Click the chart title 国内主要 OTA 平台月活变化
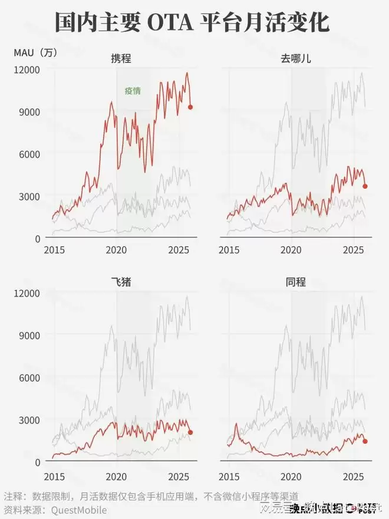[x=192, y=24]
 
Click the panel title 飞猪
[x=121, y=281]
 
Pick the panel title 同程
[x=295, y=281]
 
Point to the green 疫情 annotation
[x=133, y=91]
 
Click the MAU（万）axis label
[x=35, y=52]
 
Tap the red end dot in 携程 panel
[x=190, y=107]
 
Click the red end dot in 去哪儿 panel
[x=365, y=186]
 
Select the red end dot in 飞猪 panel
[x=190, y=432]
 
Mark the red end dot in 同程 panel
[x=365, y=441]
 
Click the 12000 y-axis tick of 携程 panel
[x=27, y=70]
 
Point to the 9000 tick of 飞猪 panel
[x=29, y=335]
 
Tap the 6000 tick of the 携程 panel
[x=29, y=154]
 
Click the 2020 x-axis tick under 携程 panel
[x=117, y=250]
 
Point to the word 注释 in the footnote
[x=14, y=497]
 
